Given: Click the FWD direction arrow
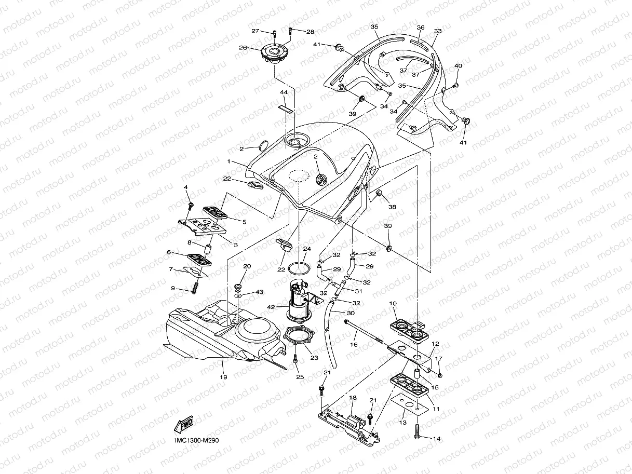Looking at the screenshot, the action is point(184,424).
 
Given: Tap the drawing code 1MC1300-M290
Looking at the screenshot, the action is point(196,440).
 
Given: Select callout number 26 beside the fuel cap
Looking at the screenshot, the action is point(243,47).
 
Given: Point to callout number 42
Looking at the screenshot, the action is point(271,307).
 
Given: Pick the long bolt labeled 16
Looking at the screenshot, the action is point(365,332).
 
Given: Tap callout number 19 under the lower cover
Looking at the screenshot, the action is point(223,377).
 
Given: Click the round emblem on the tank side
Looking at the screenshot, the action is point(321,180).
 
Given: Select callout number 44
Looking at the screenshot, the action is point(284,92).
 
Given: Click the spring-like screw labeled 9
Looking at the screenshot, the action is point(195,287).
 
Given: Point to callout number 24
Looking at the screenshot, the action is point(307,249).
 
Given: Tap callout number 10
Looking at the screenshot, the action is point(393,303).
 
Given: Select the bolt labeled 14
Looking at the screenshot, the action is point(418,431).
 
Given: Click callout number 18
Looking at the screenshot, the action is point(353,398).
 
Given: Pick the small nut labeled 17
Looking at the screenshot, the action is point(440,375).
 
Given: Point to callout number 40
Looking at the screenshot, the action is point(458,66).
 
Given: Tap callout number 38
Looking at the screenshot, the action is point(392,207).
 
